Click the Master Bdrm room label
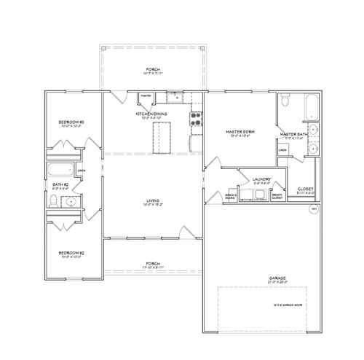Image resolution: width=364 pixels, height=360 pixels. coord(239,131)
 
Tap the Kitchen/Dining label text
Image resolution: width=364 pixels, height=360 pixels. coord(152,114)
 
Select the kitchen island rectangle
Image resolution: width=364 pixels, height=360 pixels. coord(160,138)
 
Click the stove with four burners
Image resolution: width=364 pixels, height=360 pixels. coord(195,119)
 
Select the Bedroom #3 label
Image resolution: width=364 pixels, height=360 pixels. coord(71,122)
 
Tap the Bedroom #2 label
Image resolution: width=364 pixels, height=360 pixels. coord(71,253)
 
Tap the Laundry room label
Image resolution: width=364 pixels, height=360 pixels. coord(261,179)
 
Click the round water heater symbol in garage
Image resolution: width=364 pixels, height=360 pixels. coord(314,209)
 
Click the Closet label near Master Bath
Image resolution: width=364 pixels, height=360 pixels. coord(305,189)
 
